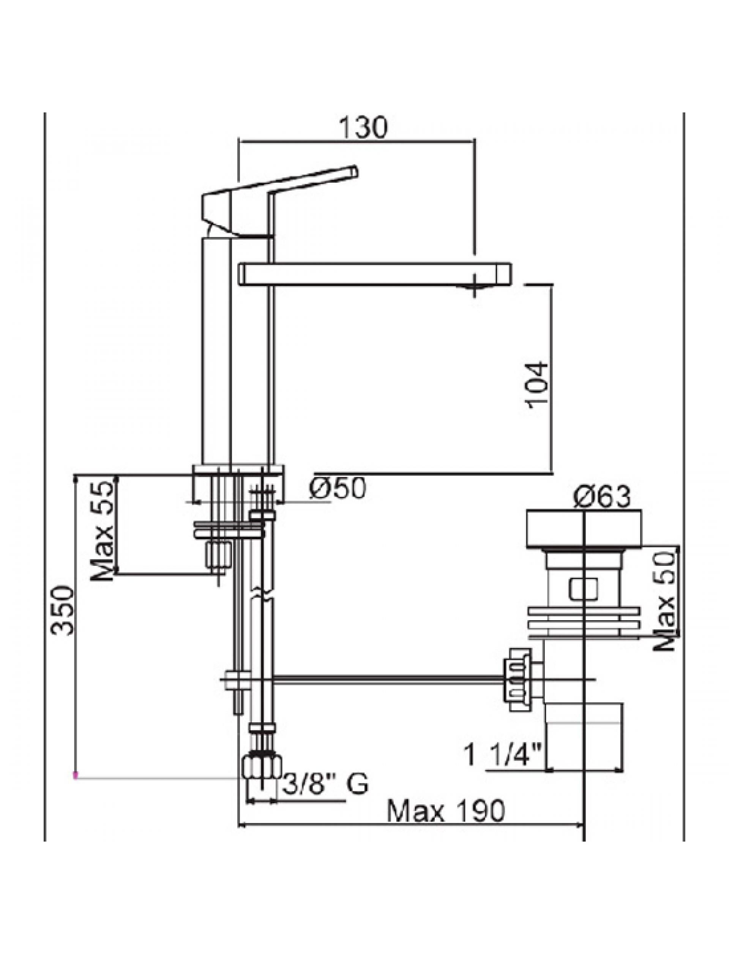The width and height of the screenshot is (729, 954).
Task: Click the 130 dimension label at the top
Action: [x=362, y=128]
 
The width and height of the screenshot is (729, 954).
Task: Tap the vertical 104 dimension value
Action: [x=537, y=385]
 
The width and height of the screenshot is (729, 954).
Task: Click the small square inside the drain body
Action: [x=583, y=589]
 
